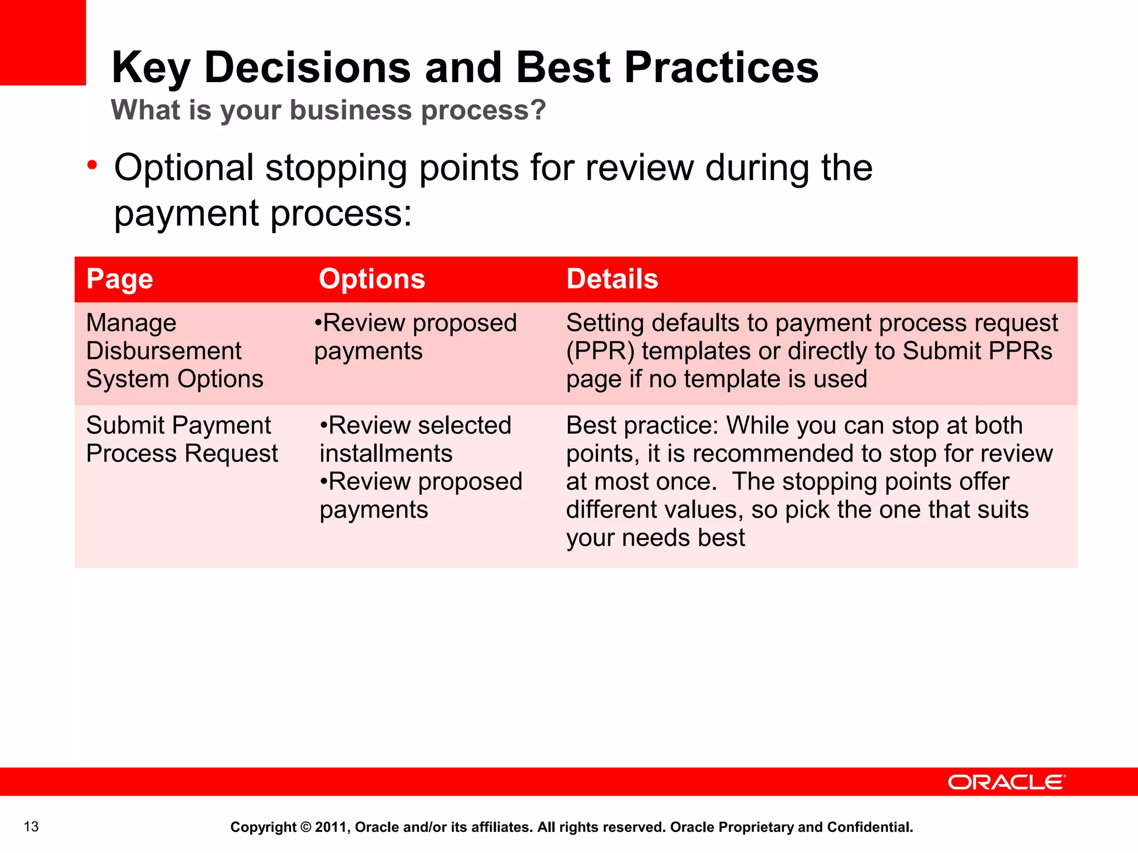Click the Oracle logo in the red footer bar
(1006, 782)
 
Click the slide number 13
(31, 827)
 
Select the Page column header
(119, 279)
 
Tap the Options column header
(372, 279)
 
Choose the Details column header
(612, 279)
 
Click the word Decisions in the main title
(307, 68)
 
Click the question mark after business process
(537, 110)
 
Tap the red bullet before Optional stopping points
(92, 165)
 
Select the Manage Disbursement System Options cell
(174, 351)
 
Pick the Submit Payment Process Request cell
(182, 439)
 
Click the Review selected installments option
(416, 439)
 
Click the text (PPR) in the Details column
(600, 352)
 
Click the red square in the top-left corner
(43, 42)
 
